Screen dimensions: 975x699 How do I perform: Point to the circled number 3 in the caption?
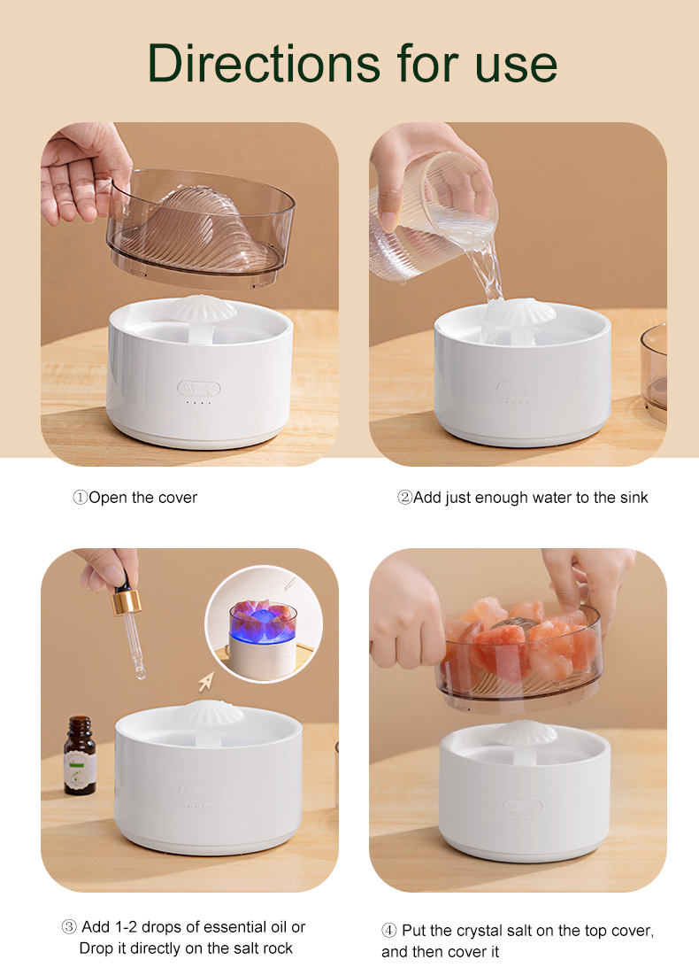(69, 927)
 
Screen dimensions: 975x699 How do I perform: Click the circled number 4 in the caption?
(389, 931)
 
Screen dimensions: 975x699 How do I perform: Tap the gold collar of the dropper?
(126, 603)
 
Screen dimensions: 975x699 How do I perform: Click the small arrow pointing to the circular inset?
(207, 681)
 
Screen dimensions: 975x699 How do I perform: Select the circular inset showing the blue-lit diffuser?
(263, 624)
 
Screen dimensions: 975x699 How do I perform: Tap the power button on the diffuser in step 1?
(199, 388)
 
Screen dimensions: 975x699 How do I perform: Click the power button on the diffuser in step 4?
(523, 807)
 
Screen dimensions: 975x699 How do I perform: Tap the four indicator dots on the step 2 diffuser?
(517, 403)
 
